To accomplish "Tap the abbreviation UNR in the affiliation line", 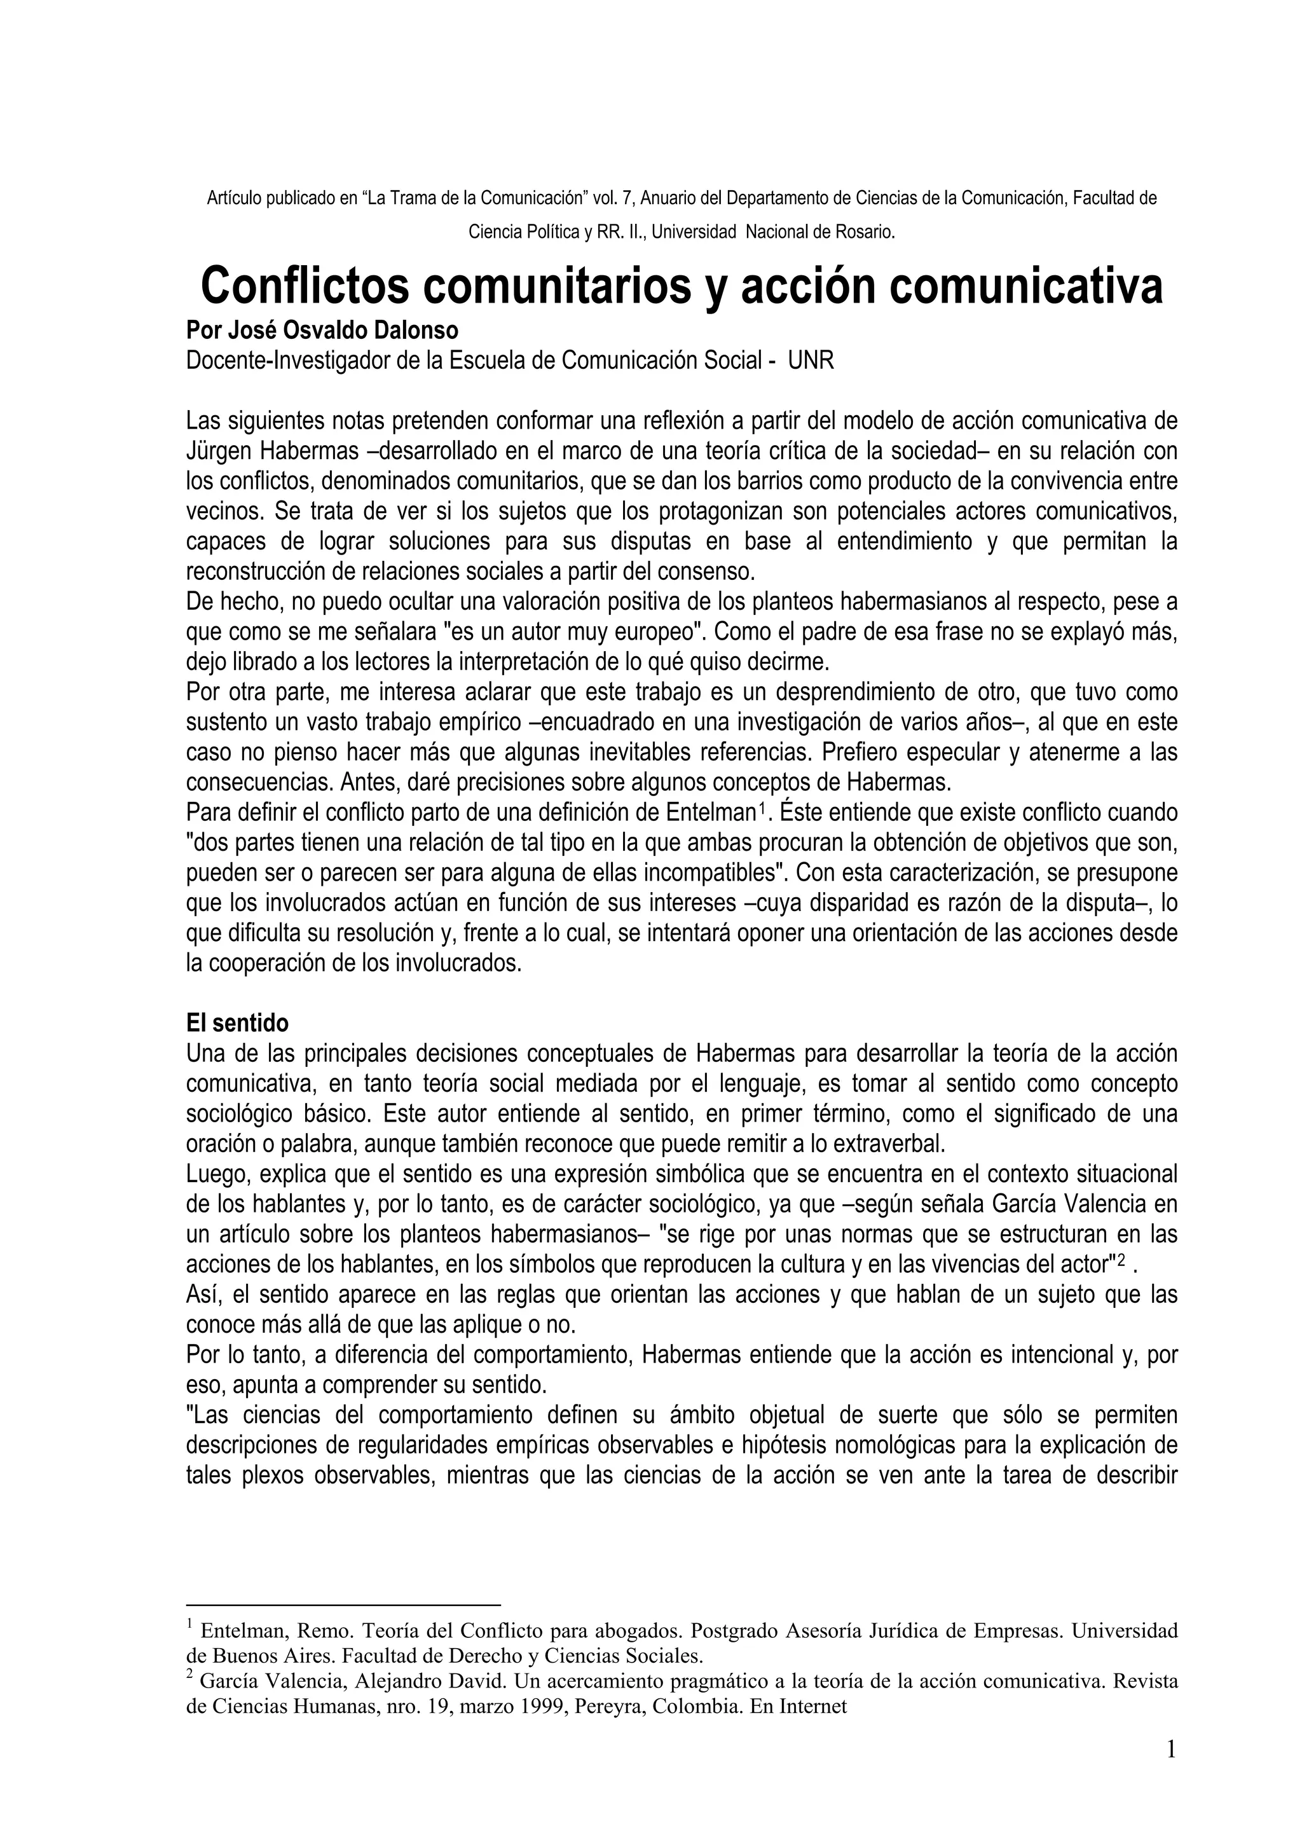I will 811,361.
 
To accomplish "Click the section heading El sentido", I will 238,1024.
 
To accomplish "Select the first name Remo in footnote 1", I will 322,1631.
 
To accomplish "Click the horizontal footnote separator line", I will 343,1605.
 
